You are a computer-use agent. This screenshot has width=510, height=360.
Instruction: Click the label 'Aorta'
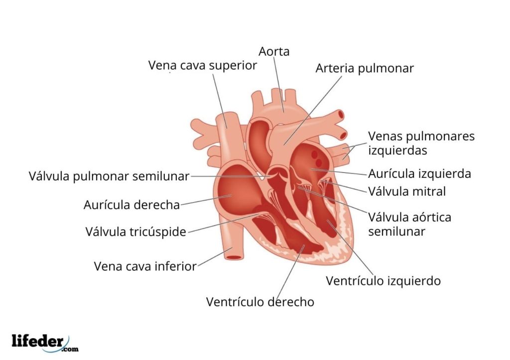(x=274, y=51)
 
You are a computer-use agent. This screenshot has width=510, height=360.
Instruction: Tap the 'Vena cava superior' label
(x=202, y=65)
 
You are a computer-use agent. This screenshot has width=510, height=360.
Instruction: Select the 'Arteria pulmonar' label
(x=365, y=68)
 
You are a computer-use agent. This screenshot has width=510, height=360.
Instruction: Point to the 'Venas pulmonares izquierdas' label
(x=421, y=143)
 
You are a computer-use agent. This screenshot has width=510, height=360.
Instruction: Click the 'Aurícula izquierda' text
(x=419, y=174)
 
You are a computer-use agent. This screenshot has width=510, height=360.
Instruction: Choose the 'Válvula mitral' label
(x=406, y=191)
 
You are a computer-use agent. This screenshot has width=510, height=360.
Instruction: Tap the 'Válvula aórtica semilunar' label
(x=409, y=224)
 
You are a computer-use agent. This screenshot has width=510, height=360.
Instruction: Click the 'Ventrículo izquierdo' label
(x=383, y=281)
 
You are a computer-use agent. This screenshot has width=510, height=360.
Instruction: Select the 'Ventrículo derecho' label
(x=260, y=302)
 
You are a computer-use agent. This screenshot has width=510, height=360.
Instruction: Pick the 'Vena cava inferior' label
(x=145, y=266)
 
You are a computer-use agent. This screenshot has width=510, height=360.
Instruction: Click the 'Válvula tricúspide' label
(x=135, y=232)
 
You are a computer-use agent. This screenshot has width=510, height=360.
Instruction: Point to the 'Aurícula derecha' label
(x=131, y=205)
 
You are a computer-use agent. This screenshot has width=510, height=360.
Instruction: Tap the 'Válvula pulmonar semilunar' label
(x=109, y=176)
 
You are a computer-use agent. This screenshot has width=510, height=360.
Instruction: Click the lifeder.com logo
(x=45, y=342)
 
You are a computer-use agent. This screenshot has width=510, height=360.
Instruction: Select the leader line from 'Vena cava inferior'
(x=211, y=258)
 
